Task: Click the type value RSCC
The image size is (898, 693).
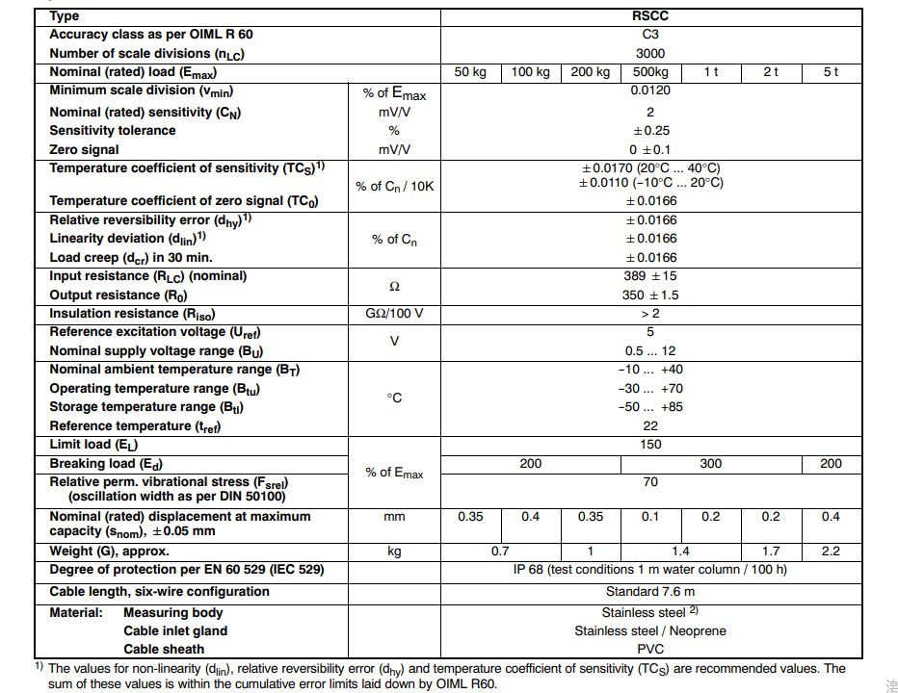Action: click(x=650, y=15)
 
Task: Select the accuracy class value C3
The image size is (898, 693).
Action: click(x=650, y=35)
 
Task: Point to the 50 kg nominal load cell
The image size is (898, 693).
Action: click(x=470, y=72)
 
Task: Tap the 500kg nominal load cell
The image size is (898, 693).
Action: click(x=650, y=72)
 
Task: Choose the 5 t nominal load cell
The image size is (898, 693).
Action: click(x=831, y=72)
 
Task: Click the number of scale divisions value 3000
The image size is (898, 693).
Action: click(x=650, y=53)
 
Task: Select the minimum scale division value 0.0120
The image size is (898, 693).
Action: click(x=650, y=90)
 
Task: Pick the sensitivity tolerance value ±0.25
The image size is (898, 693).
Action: click(x=650, y=130)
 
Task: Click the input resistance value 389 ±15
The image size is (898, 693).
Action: click(x=650, y=276)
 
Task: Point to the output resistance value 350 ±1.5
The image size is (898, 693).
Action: click(x=650, y=295)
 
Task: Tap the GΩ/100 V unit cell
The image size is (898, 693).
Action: click(x=394, y=314)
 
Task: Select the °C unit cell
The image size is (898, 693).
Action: click(x=394, y=398)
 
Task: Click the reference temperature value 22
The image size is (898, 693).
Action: click(x=650, y=425)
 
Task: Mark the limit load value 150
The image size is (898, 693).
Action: click(x=650, y=445)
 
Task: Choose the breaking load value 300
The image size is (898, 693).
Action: click(x=710, y=463)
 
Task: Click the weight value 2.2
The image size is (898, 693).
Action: click(x=831, y=552)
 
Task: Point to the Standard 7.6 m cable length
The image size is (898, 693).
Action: click(x=650, y=592)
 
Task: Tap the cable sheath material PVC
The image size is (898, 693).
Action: click(x=650, y=650)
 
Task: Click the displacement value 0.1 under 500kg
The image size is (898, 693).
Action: click(x=650, y=517)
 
